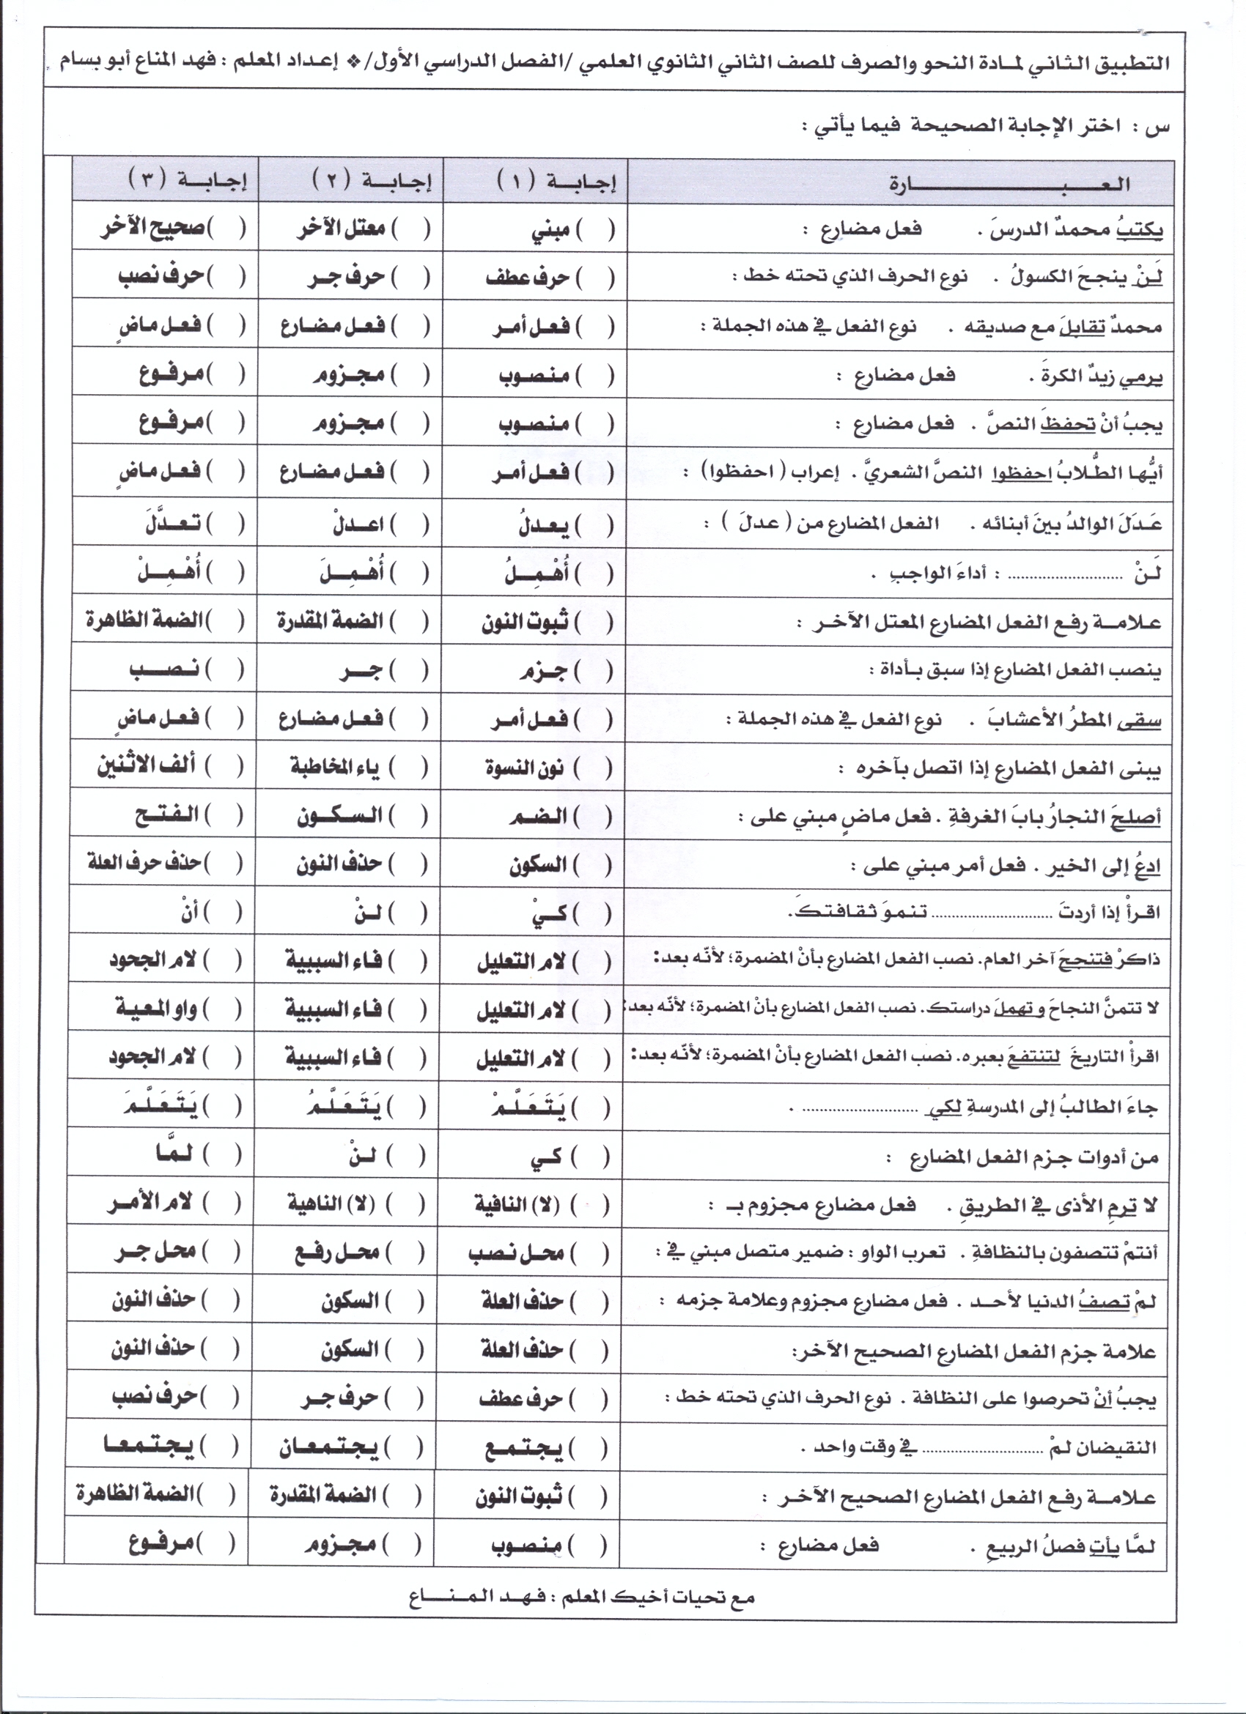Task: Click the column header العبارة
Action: (1009, 184)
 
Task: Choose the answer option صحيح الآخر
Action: (152, 229)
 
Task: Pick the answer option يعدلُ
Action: (544, 524)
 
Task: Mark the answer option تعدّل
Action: (173, 523)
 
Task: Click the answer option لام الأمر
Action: (151, 1203)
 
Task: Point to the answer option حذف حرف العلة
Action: (144, 862)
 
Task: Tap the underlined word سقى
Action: (1140, 720)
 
